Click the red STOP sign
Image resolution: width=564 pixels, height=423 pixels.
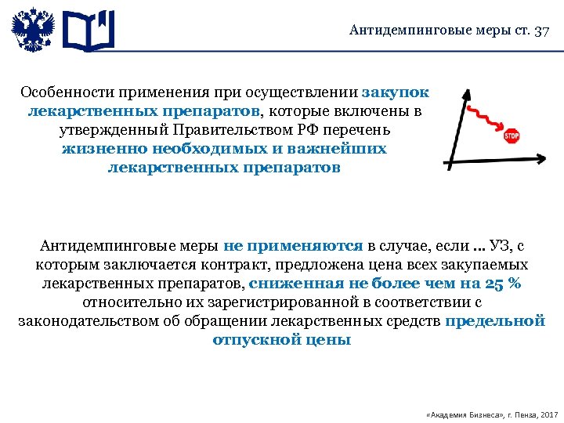(511, 136)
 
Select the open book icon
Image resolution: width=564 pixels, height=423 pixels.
(88, 32)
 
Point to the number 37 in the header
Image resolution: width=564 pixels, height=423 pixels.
(541, 31)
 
